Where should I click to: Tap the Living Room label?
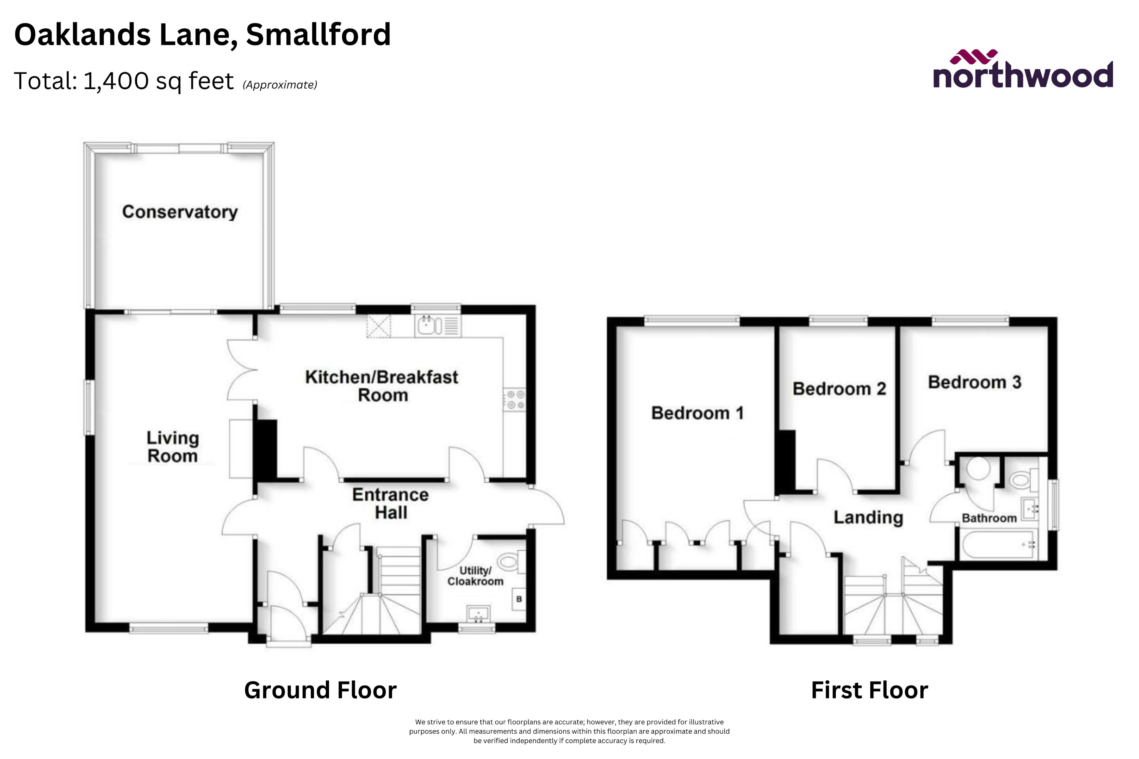[x=172, y=447]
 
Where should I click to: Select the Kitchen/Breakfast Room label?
[x=382, y=386]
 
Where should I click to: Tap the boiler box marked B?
[x=519, y=599]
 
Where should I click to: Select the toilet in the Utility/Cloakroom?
[x=508, y=562]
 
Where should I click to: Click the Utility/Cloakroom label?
[x=475, y=576]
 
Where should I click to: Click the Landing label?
[x=868, y=517]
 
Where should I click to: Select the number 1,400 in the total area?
[x=116, y=81]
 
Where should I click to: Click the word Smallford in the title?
[x=318, y=34]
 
